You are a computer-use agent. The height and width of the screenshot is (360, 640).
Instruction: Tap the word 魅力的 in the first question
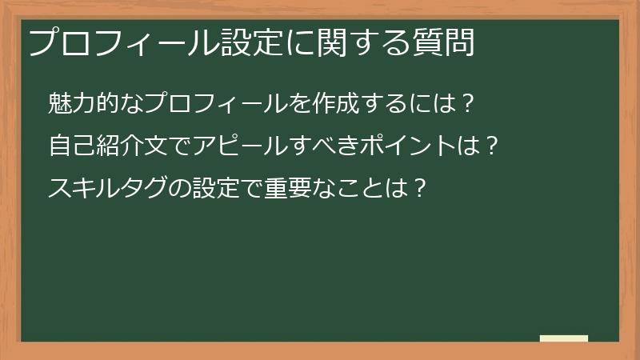(x=86, y=104)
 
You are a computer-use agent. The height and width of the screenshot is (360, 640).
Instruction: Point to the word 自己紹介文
(x=110, y=146)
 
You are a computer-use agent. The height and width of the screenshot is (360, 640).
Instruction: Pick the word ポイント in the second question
(x=405, y=146)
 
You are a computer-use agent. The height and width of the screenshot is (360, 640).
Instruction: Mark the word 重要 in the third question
(x=282, y=189)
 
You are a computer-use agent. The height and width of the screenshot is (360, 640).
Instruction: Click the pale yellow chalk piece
(x=564, y=338)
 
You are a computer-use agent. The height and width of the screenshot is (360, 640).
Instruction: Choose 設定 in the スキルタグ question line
(x=214, y=189)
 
